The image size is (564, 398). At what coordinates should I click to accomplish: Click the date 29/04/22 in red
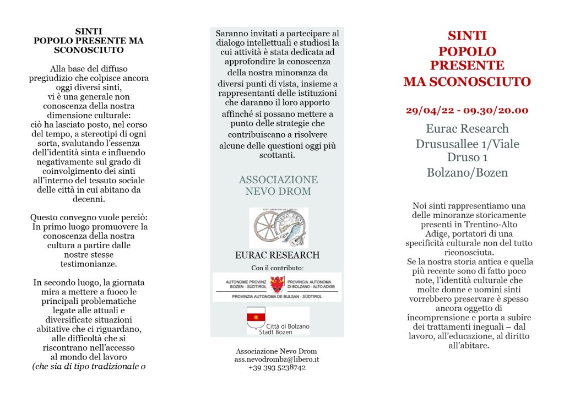pos(429,110)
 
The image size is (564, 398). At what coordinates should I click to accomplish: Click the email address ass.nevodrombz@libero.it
pos(276,359)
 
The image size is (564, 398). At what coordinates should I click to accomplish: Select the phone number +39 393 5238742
pos(276,367)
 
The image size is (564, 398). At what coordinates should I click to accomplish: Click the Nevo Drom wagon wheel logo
pos(279,227)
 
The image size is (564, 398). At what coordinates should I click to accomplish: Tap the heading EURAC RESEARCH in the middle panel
pos(277,255)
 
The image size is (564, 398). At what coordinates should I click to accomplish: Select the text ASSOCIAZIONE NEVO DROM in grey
pos(278,186)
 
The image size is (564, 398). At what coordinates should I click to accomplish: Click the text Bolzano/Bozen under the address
pos(467,172)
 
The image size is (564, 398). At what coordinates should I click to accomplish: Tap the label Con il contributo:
pos(277,268)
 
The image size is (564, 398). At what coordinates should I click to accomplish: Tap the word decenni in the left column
pos(88,199)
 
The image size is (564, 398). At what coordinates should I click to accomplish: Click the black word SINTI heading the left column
pos(88,31)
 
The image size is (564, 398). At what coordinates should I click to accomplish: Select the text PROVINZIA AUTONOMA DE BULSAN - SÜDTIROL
pos(277,296)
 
